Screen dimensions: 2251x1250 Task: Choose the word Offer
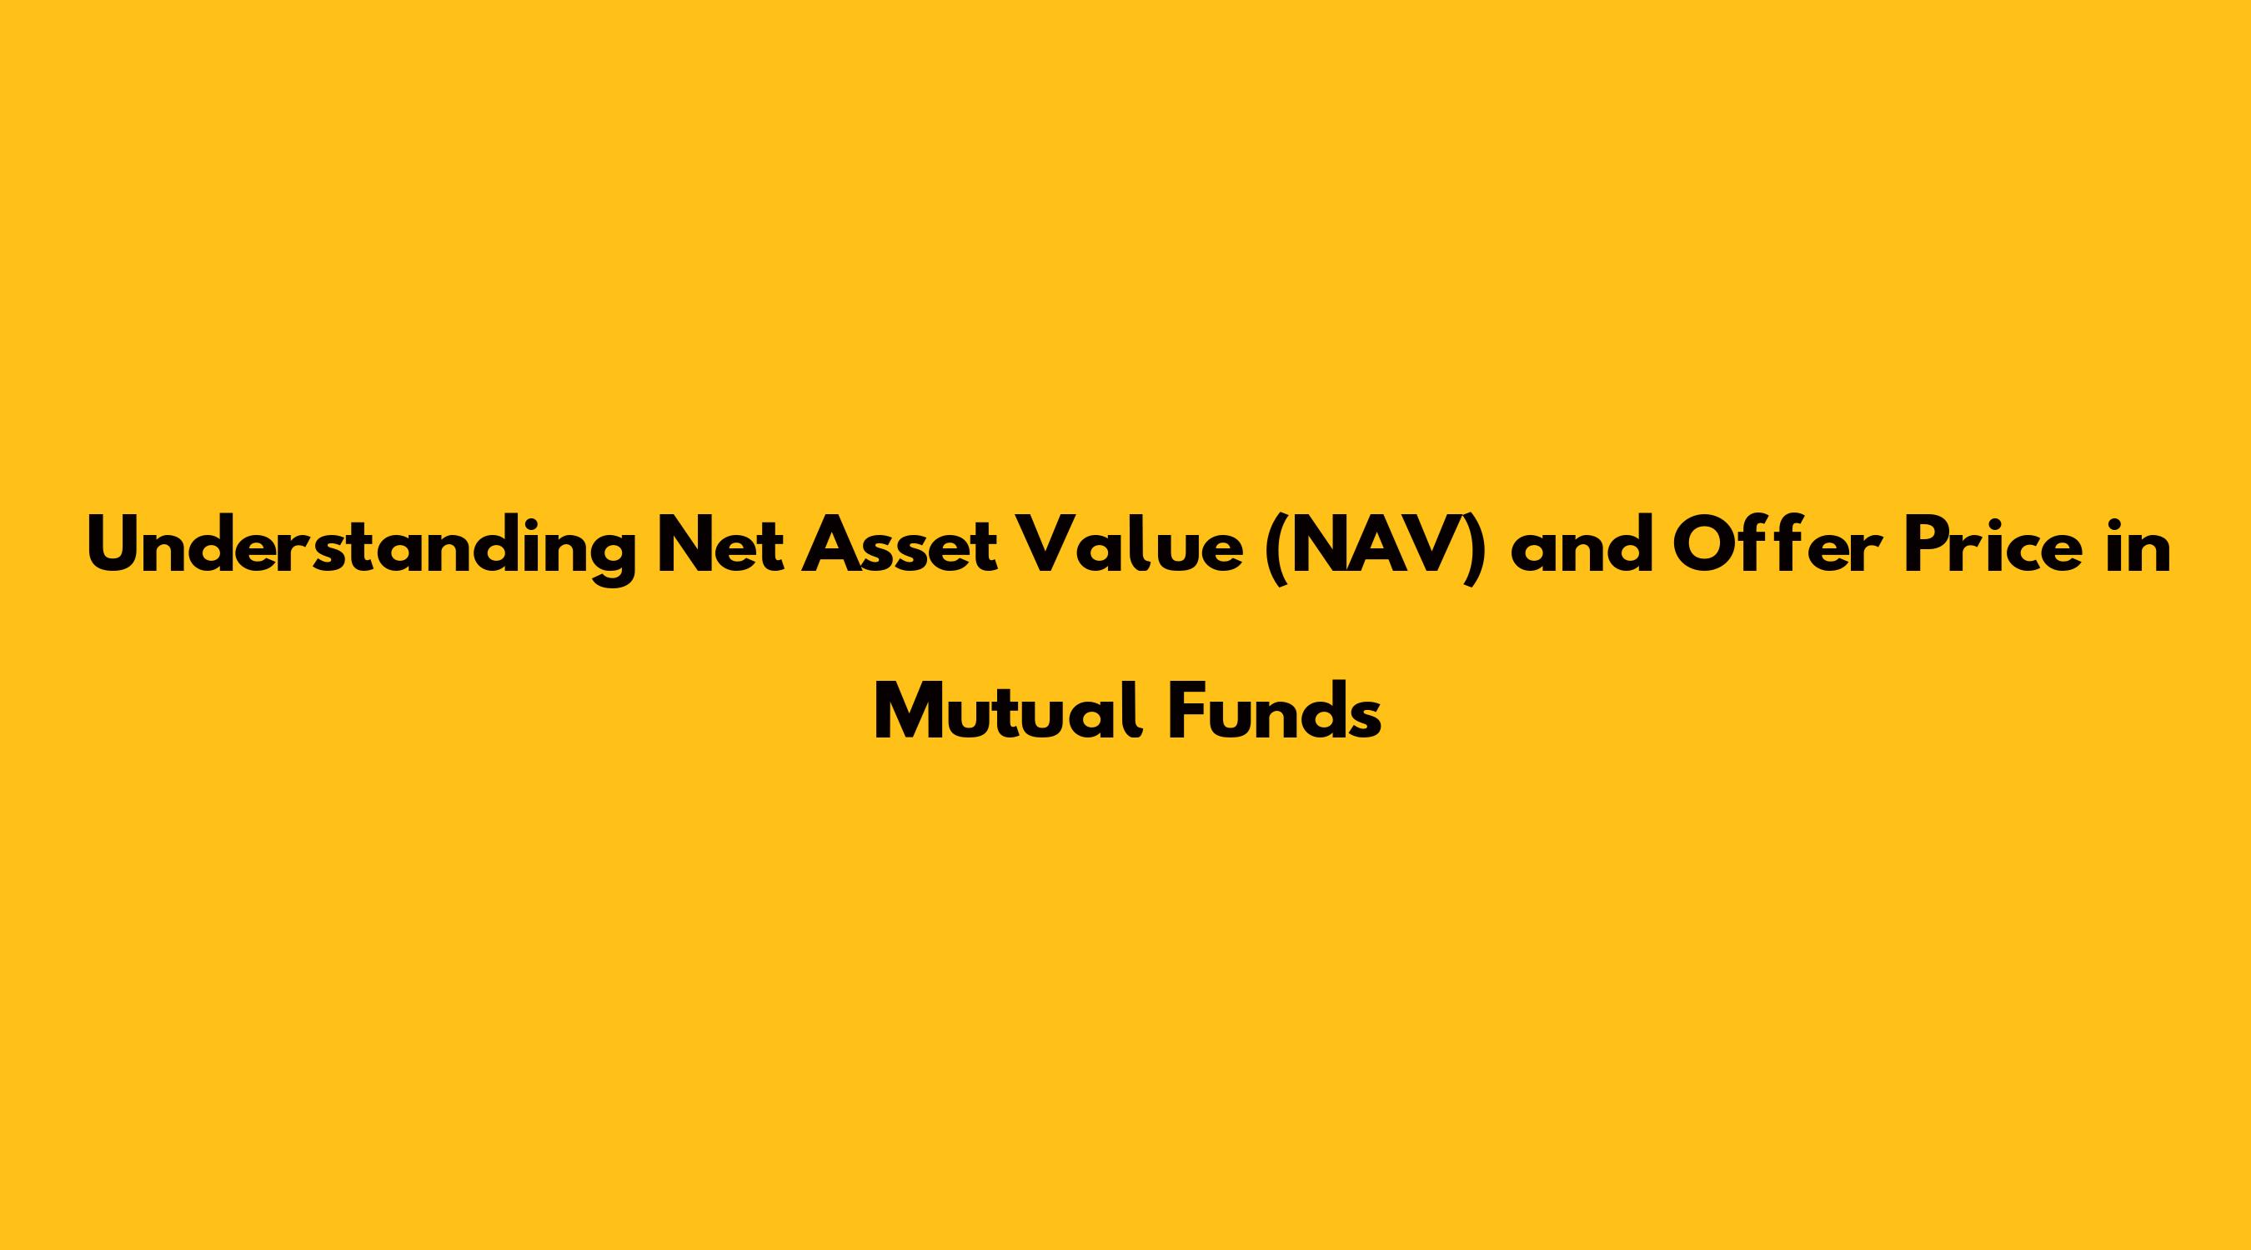pos(1773,547)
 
